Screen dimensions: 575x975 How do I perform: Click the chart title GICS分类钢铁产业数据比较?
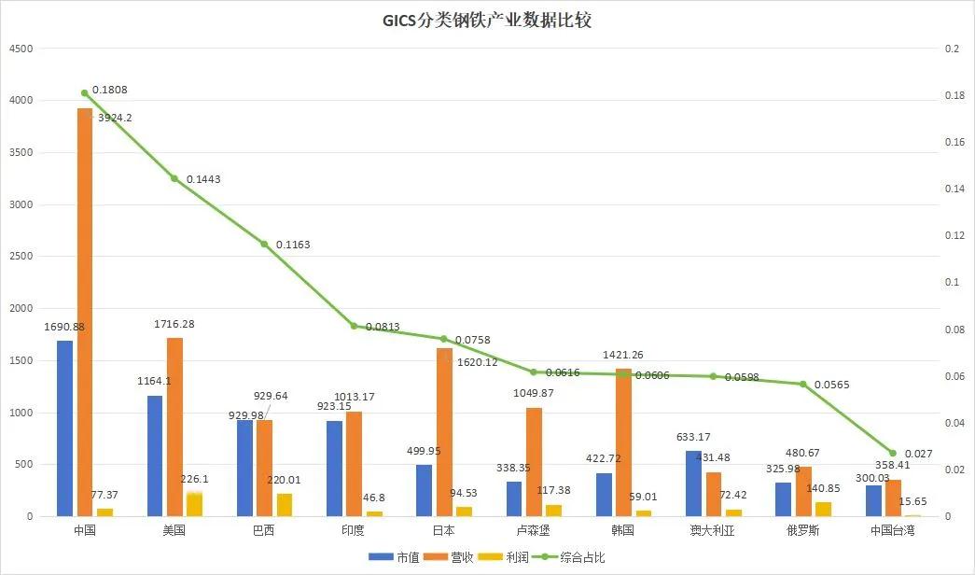click(x=487, y=21)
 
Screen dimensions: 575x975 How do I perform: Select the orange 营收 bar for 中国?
click(x=85, y=312)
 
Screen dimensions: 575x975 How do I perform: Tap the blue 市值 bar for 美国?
click(x=154, y=456)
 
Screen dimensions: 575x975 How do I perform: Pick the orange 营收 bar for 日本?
click(x=444, y=431)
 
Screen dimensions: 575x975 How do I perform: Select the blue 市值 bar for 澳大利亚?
click(x=693, y=483)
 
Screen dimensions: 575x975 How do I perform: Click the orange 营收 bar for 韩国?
click(x=624, y=442)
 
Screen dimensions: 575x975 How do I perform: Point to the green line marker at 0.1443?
click(x=174, y=178)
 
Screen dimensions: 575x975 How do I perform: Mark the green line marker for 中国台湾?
click(x=893, y=453)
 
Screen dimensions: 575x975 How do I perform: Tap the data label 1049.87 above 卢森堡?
click(x=533, y=393)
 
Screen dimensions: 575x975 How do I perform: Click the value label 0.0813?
click(x=384, y=327)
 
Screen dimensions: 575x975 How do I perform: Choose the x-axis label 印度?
click(x=354, y=530)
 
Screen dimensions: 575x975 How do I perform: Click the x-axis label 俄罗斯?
click(x=802, y=530)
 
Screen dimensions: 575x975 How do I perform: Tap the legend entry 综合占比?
click(x=588, y=557)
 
